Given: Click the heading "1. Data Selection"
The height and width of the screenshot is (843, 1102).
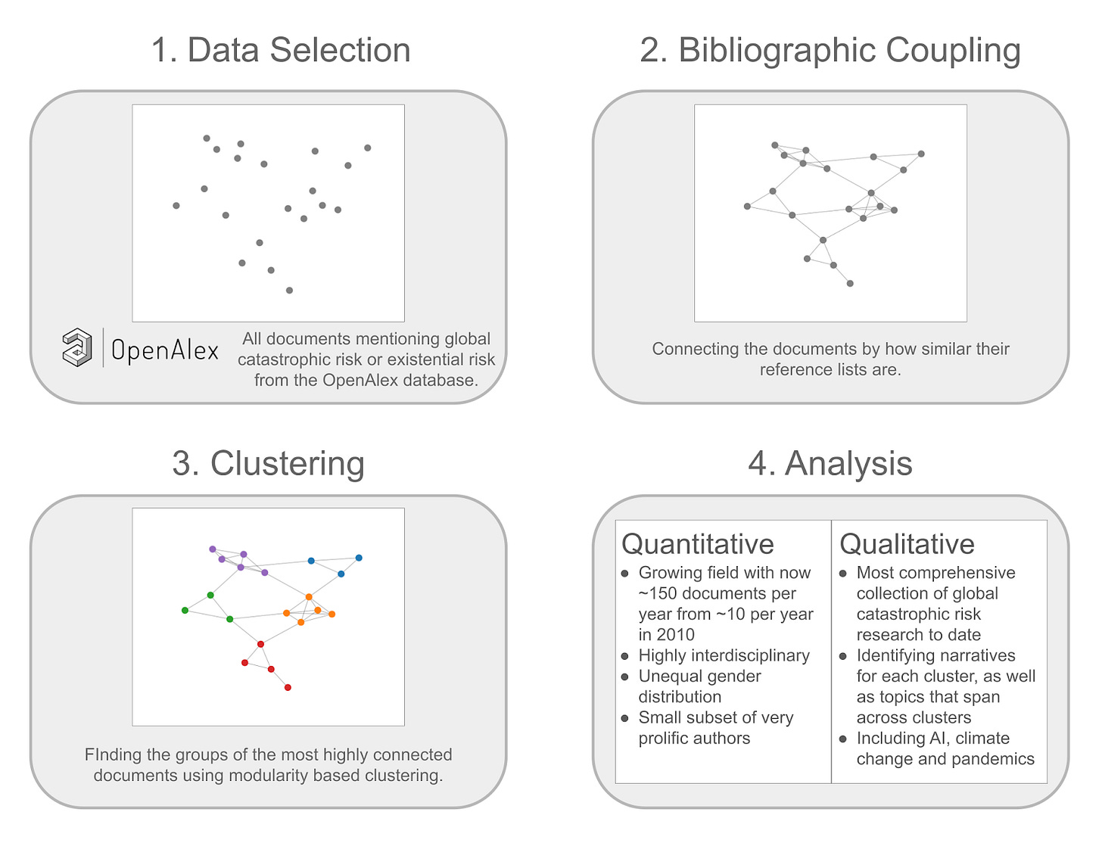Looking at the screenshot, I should pos(280,51).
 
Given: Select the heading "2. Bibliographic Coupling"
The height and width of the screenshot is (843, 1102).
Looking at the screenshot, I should pos(830,51).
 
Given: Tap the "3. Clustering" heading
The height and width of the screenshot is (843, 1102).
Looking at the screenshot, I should pos(268,463).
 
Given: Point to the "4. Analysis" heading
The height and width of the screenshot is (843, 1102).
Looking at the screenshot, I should pos(830,463).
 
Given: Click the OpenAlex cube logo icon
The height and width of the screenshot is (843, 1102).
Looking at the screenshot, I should pos(77,347).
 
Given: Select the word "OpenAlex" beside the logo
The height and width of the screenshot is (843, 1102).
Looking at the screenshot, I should pos(164,350).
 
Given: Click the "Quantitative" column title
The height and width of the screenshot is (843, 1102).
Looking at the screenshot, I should pos(697,544).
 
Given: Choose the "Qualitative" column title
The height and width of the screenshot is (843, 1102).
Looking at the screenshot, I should pos(907,544).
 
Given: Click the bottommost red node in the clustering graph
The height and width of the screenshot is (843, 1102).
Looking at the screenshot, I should pos(288,687).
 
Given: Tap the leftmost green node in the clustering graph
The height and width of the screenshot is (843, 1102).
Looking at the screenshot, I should pos(185,610).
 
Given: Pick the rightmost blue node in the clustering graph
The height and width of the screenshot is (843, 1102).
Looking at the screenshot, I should pos(359,558).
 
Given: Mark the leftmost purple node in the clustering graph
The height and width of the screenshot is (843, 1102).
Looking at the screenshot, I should pos(213,549).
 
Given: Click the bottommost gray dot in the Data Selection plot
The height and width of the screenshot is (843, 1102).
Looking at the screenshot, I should pos(289,290).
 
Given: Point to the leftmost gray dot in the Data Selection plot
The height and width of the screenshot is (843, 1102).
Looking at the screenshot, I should pos(176,205).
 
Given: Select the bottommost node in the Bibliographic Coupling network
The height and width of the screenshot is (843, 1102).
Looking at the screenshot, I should pos(850,284).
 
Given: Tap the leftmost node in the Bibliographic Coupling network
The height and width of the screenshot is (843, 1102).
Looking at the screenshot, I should pos(747,206).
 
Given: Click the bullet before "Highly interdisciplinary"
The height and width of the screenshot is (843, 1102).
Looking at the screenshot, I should pos(625,656).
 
